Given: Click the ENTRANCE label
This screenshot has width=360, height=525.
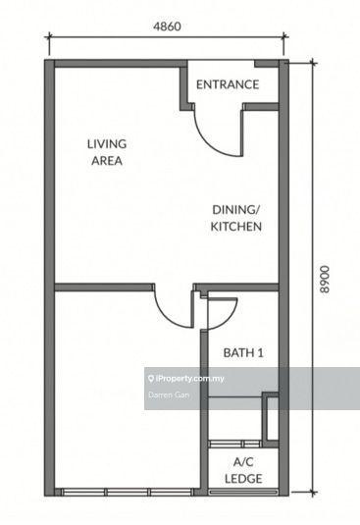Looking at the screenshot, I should click(228, 84).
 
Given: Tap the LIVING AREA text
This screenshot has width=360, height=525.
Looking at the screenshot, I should click(106, 152).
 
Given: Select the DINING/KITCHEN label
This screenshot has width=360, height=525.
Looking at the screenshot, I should click(236, 218).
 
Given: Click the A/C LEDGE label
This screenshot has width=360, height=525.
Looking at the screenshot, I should click(242, 468).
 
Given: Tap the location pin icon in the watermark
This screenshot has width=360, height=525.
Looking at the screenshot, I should click(150, 377).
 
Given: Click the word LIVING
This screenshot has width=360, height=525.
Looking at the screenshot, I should click(106, 143).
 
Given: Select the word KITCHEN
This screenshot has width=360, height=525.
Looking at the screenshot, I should click(236, 227).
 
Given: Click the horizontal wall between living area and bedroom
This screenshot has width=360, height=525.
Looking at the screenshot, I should click(103, 288).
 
